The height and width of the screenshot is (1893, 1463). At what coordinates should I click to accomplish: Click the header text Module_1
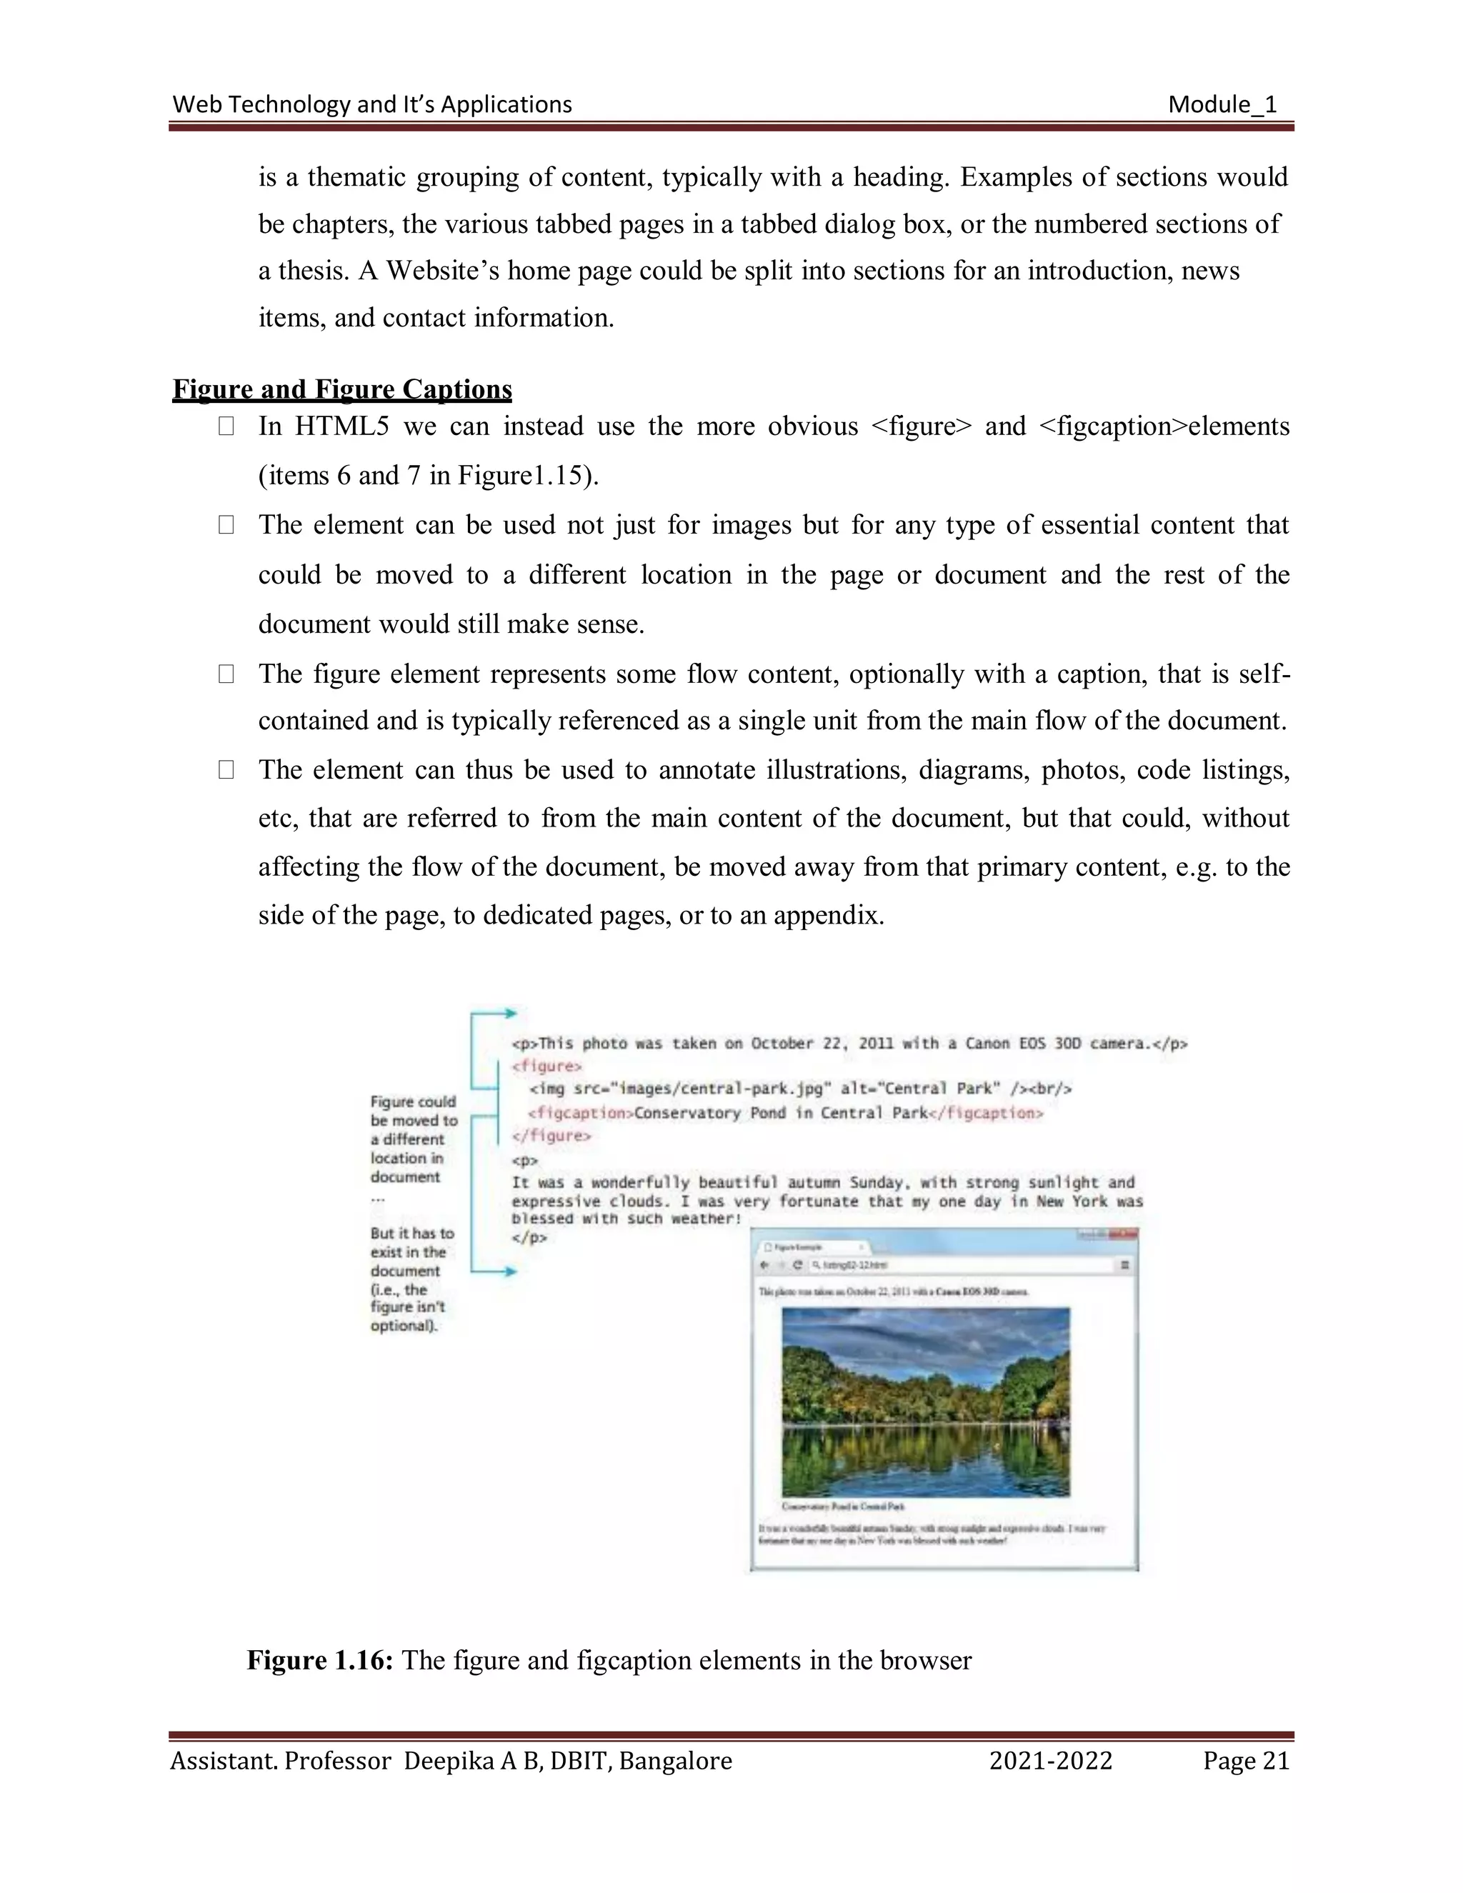[x=1222, y=105]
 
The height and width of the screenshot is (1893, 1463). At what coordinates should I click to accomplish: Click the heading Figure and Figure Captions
[x=342, y=389]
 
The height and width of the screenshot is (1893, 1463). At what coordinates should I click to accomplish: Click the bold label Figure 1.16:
[x=321, y=1660]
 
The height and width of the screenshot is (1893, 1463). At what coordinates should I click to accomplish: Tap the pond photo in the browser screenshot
[x=925, y=1402]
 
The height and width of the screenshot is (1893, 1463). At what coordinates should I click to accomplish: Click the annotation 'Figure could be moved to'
[x=413, y=1112]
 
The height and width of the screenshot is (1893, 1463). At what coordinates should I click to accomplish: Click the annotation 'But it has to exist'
[x=411, y=1242]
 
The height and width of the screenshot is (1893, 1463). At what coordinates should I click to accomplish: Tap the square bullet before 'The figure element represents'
[x=226, y=674]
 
